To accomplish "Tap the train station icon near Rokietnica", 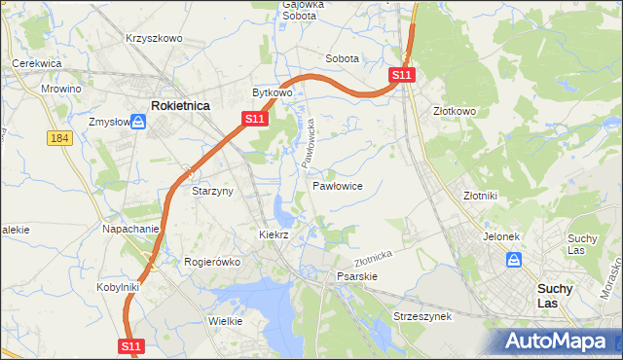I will coord(138,122).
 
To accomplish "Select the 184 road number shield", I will coord(59,139).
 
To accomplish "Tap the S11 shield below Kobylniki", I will coord(133,345).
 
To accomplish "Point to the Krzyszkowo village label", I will coord(154,38).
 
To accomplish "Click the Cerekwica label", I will coord(37,63).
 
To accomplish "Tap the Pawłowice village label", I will coord(338,185).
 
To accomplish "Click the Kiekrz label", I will coord(275,234).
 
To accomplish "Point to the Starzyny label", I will coord(212,191).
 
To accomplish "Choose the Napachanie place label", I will coord(130,229).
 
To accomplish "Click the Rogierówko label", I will coord(212,261).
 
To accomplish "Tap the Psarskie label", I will coord(356,276).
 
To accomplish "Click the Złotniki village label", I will coord(481,195).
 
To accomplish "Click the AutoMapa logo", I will coord(558,341).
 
